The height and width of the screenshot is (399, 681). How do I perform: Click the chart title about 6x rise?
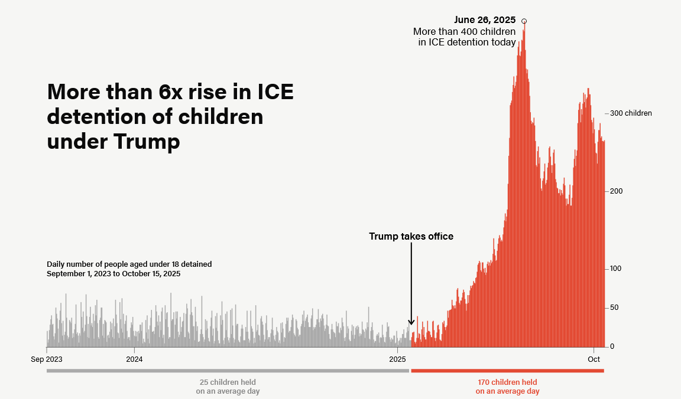tap(170, 117)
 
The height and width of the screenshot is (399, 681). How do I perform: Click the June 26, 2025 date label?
tap(485, 20)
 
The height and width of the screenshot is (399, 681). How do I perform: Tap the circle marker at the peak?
tap(524, 21)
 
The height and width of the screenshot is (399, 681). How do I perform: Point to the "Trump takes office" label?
tap(411, 236)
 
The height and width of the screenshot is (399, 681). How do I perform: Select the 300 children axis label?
tap(631, 113)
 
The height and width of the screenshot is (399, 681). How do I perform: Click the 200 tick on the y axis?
tap(617, 191)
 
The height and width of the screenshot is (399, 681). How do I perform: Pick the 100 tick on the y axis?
tap(617, 269)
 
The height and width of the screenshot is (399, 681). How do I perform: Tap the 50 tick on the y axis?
tap(614, 308)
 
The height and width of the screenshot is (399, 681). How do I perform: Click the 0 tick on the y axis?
tap(612, 346)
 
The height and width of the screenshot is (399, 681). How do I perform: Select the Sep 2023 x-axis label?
tap(47, 359)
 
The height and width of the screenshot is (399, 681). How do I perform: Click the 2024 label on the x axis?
tap(134, 359)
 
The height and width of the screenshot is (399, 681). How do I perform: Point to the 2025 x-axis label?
tap(398, 359)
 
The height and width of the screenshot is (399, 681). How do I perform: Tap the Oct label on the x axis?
tap(594, 359)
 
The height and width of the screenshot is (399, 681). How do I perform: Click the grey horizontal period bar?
tap(228, 371)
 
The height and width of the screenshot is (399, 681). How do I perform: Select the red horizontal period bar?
tap(507, 371)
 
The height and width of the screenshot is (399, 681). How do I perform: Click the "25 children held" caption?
tap(228, 382)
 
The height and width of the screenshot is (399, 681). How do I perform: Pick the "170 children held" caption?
tap(507, 382)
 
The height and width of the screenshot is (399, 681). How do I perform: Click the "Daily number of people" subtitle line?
tap(129, 264)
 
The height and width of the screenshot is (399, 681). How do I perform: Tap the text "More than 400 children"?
tap(464, 31)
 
